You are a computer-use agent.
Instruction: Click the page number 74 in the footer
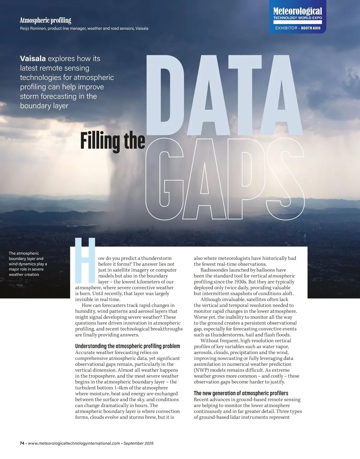point(22,443)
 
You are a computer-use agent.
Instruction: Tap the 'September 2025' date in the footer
point(138,443)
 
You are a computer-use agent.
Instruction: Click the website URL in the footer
point(74,443)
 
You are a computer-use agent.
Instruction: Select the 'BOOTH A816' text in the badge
point(311,28)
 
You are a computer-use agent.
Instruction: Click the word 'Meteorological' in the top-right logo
point(297,11)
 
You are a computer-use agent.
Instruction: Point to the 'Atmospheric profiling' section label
point(45,20)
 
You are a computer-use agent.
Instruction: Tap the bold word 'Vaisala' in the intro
point(33,58)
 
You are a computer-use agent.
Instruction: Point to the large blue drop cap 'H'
point(85,260)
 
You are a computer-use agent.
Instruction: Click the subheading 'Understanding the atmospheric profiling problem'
point(127,346)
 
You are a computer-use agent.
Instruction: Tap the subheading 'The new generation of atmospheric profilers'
point(241,393)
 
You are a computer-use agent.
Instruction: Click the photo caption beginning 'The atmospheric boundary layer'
point(28,264)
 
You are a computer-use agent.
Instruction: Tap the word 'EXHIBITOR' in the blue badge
point(286,28)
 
